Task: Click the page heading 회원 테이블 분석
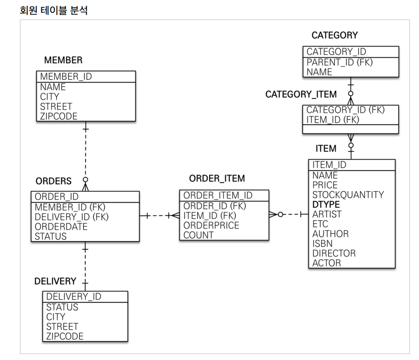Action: (x=53, y=10)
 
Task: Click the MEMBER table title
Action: (x=63, y=60)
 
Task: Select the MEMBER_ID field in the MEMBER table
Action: (x=66, y=77)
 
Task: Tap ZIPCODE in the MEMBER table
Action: (x=59, y=116)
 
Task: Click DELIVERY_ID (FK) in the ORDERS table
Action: (x=72, y=217)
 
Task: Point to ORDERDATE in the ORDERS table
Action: (x=61, y=227)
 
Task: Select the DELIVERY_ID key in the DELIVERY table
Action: (x=73, y=296)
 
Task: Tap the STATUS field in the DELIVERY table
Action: (x=62, y=307)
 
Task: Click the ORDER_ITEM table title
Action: (x=217, y=178)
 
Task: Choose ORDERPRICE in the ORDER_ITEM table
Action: (x=211, y=225)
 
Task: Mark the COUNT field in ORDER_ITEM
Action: (x=198, y=235)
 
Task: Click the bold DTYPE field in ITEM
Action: (x=326, y=205)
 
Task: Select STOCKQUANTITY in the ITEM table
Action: (x=348, y=195)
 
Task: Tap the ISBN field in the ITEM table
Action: (x=322, y=244)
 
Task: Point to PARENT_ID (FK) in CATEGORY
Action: (x=339, y=62)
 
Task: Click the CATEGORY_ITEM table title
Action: (x=301, y=94)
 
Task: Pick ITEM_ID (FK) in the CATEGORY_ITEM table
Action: (x=332, y=120)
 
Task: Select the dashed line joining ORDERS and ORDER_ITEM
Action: (x=160, y=215)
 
